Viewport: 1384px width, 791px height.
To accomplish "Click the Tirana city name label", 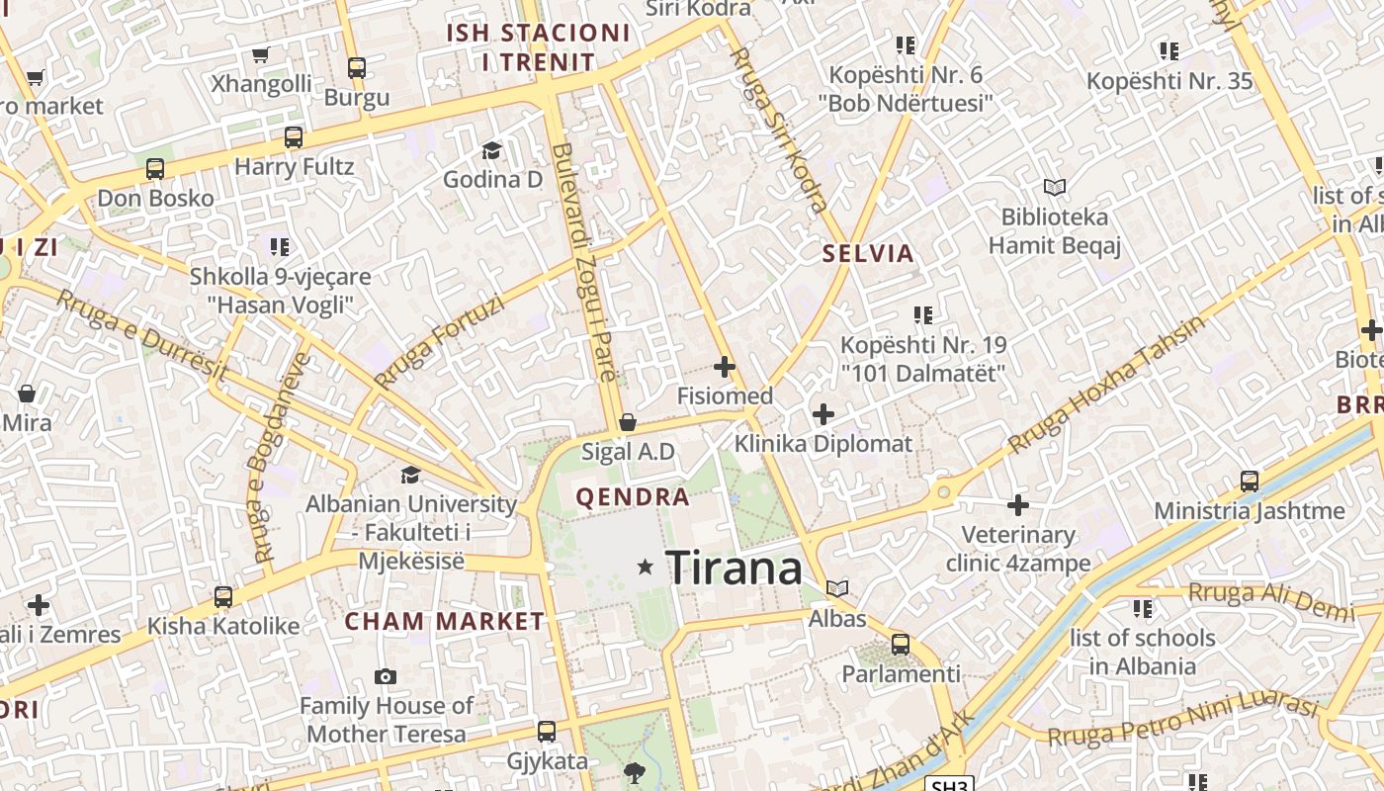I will tap(735, 569).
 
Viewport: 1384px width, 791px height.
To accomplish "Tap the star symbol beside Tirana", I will tap(646, 567).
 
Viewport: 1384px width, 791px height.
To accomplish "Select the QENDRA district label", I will tap(633, 496).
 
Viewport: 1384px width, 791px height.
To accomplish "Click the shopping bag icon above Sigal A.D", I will tap(627, 423).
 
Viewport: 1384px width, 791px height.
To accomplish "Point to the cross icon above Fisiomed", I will tap(725, 367).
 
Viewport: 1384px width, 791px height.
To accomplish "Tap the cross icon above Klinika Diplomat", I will tap(822, 414).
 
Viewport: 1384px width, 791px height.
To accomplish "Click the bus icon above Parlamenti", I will tap(901, 645).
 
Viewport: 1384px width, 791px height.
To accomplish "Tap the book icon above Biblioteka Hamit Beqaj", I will tap(1055, 187).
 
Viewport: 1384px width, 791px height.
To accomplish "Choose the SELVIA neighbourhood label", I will tap(868, 253).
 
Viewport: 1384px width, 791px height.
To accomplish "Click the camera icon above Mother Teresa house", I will tap(386, 677).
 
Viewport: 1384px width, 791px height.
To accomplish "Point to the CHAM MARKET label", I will tap(444, 622).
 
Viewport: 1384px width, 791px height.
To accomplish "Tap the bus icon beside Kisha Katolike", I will tap(223, 597).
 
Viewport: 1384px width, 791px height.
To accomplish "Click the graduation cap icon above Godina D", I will tap(491, 150).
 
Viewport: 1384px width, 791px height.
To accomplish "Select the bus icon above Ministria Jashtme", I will tap(1250, 482).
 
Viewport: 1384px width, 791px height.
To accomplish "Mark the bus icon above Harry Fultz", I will tap(293, 137).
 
